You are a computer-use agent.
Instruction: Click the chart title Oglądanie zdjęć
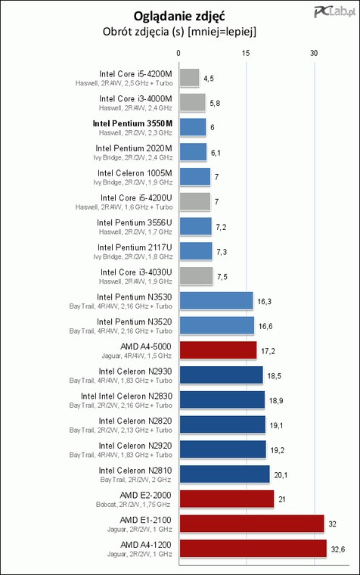click(x=179, y=16)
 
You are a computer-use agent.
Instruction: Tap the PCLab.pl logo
click(x=334, y=12)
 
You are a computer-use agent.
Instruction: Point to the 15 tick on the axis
click(x=246, y=53)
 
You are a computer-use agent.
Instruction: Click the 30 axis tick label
click(x=314, y=53)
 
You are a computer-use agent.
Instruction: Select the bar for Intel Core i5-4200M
click(x=189, y=78)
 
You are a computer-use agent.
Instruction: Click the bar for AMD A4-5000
click(x=218, y=350)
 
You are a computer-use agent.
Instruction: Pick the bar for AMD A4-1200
click(x=253, y=549)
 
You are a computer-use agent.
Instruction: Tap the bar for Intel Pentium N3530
click(x=216, y=301)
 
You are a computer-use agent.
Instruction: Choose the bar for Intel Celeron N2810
click(x=225, y=474)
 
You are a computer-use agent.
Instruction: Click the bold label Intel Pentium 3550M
click(x=132, y=123)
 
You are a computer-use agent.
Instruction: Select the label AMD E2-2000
click(x=145, y=496)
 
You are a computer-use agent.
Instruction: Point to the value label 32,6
click(x=337, y=549)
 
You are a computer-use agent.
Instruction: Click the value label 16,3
click(x=264, y=301)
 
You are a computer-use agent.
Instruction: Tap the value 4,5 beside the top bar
click(x=209, y=79)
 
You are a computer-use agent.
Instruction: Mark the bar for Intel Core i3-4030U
click(x=196, y=276)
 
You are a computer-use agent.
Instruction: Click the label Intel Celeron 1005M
click(x=135, y=173)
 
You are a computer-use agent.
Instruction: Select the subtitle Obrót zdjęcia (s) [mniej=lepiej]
click(x=179, y=32)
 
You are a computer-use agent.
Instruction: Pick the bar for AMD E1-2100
click(x=252, y=524)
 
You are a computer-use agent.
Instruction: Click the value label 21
click(x=281, y=499)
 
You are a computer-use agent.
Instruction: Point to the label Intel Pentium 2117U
click(x=135, y=247)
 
